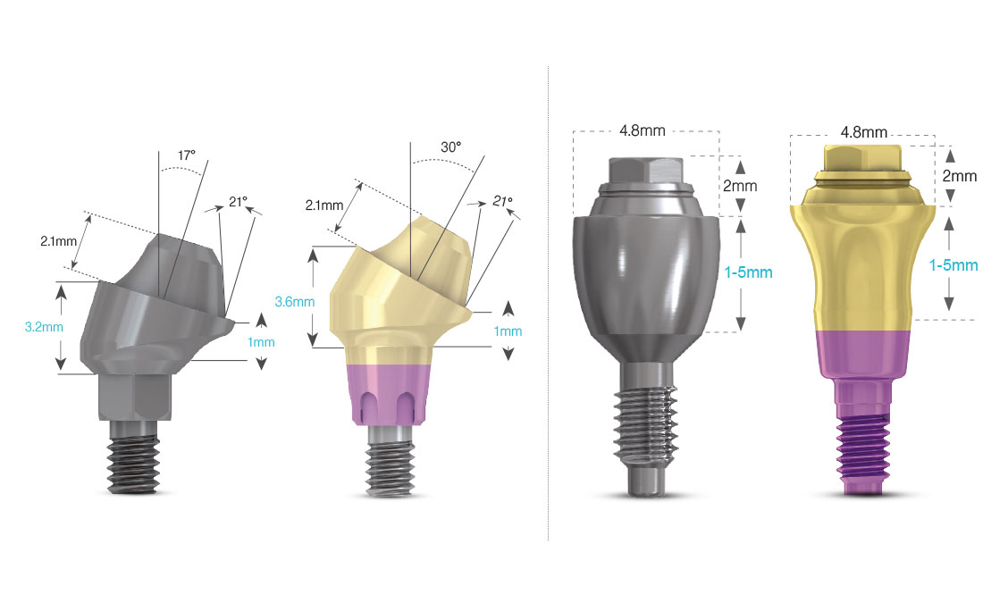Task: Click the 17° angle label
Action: coord(187,155)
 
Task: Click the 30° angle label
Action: coord(450,147)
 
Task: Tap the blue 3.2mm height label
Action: coord(45,327)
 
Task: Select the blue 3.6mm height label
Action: coord(295,301)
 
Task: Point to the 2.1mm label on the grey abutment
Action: coord(58,241)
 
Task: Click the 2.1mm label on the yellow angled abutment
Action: coord(324,205)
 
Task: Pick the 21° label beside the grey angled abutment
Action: coord(238,203)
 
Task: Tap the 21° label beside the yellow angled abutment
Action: coord(503,201)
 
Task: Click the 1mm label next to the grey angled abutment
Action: coord(261,342)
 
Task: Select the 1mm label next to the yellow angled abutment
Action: coord(508,331)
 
